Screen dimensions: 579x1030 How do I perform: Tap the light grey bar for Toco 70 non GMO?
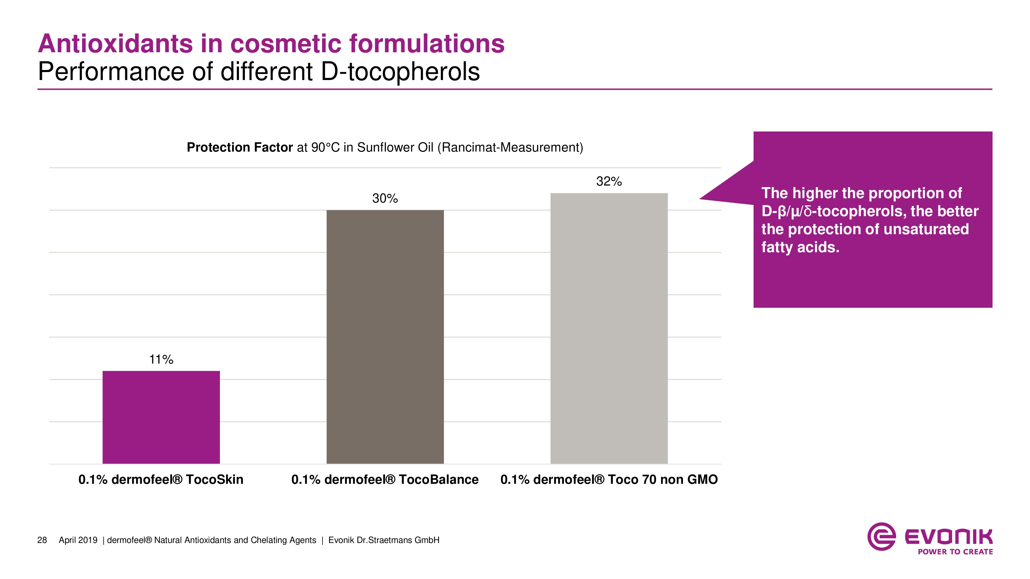pyautogui.click(x=609, y=328)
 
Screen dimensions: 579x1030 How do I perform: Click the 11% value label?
pyautogui.click(x=161, y=360)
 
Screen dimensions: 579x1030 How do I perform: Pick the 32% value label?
pyautogui.click(x=609, y=181)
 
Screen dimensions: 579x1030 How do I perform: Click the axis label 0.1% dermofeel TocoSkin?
pyautogui.click(x=161, y=479)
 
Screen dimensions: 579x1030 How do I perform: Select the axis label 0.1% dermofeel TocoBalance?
pyautogui.click(x=385, y=479)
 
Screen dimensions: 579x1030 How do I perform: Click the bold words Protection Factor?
pyautogui.click(x=240, y=147)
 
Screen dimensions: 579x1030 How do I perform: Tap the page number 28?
pyautogui.click(x=42, y=540)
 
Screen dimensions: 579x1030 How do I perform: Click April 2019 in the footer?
pyautogui.click(x=78, y=540)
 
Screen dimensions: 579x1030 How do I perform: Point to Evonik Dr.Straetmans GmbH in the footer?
pyautogui.click(x=384, y=540)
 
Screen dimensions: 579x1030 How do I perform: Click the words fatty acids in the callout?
pyautogui.click(x=800, y=247)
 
